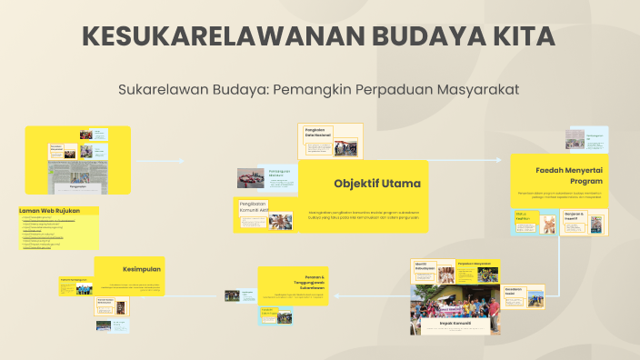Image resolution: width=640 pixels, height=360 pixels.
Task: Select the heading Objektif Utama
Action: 376,184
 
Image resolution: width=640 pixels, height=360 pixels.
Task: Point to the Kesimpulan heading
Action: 142,269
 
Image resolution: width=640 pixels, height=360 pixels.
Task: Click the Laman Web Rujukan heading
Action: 50,210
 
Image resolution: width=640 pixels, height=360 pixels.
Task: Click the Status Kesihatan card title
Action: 523,215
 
